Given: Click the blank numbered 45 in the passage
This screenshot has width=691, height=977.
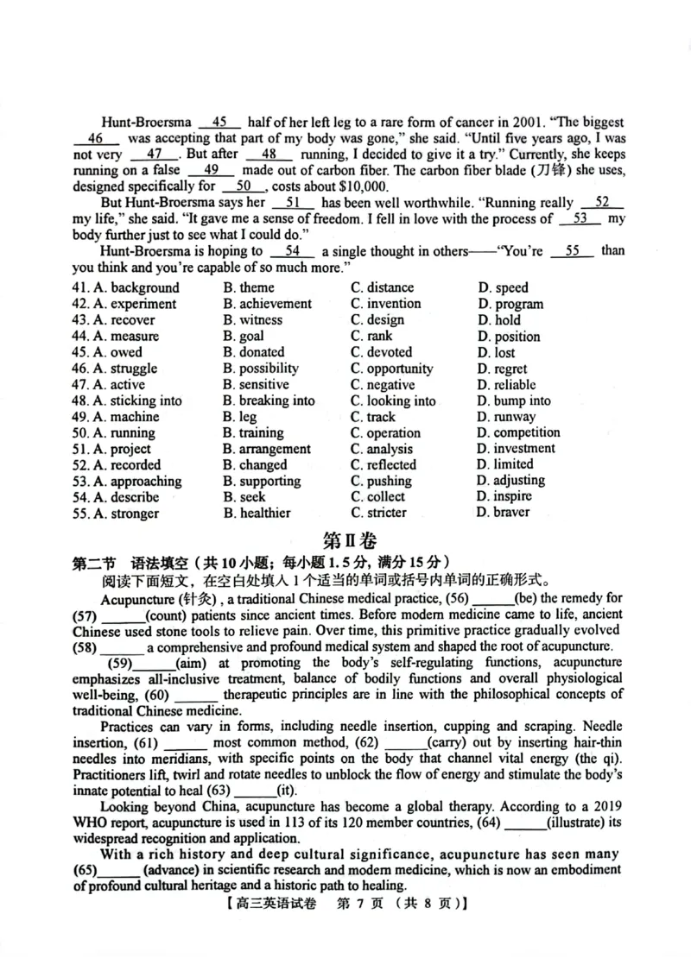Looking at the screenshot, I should [x=219, y=123].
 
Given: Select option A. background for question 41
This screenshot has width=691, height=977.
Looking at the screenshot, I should [x=126, y=287].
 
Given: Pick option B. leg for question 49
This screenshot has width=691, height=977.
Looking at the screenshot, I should [x=239, y=417].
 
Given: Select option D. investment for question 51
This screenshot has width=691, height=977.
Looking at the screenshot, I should [x=516, y=449].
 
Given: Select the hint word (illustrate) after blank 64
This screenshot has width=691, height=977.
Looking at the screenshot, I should [x=578, y=822].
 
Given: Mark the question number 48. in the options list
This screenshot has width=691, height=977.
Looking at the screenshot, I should [x=81, y=400].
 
